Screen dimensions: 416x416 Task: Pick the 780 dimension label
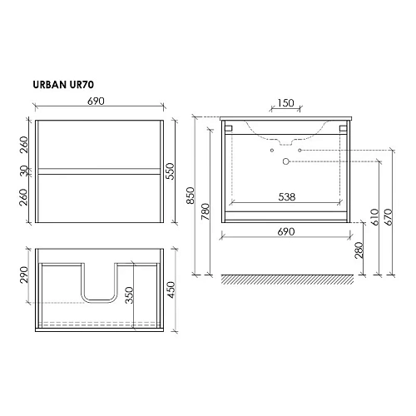point(206,218)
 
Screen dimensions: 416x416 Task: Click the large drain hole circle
point(285,160)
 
